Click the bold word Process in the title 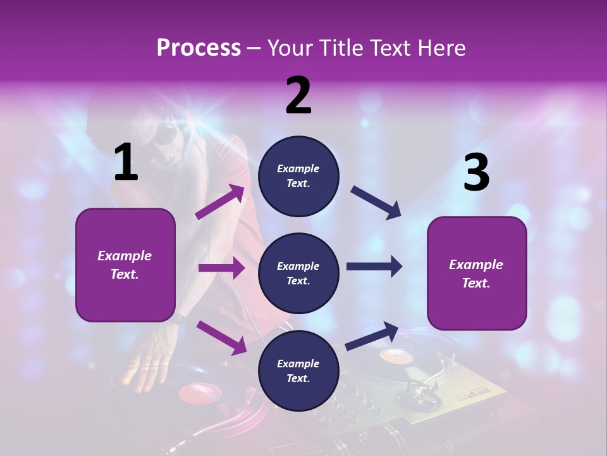point(199,48)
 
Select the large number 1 point(126,163)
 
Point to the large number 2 point(298,96)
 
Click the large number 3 point(476,172)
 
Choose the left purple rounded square point(125,265)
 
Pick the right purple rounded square point(477,273)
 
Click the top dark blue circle point(298,176)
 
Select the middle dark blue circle point(298,273)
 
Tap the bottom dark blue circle point(298,370)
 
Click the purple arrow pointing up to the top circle point(221,202)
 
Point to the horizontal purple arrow point(221,268)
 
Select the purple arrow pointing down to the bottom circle point(221,337)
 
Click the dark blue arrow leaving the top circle point(376,202)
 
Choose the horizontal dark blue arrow point(374,267)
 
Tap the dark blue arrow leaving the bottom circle point(373,335)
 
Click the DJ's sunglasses point(166,135)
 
